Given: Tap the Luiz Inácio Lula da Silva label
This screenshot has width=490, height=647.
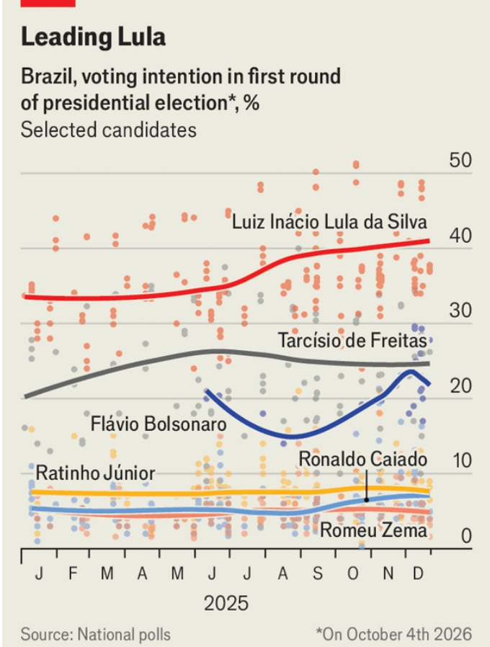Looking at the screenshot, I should click(330, 222).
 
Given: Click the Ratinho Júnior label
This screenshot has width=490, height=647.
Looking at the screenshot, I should click(96, 474).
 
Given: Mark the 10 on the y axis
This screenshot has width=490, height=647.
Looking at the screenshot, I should click(461, 461).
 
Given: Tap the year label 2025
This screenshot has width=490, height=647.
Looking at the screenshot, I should click(226, 602).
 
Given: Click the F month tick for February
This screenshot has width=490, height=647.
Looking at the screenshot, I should click(73, 574).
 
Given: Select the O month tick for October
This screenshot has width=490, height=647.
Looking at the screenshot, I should click(352, 574).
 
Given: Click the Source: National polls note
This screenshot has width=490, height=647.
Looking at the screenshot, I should click(96, 634).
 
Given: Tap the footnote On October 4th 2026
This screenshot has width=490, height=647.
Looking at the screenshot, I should click(394, 634).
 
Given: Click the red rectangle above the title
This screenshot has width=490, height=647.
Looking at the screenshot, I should click(48, 3).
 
